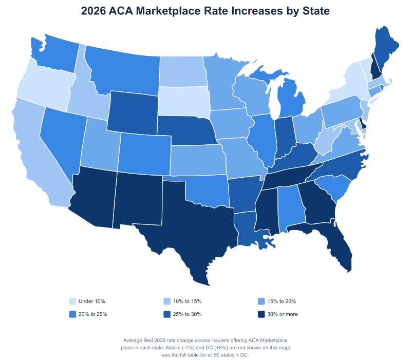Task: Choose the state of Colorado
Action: click(145, 153)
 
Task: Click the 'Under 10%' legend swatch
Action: click(72, 301)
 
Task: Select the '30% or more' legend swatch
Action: click(261, 314)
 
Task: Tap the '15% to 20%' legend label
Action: click(282, 301)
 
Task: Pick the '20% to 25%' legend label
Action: click(93, 314)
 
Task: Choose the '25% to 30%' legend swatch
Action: click(167, 314)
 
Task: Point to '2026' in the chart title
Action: click(93, 11)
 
